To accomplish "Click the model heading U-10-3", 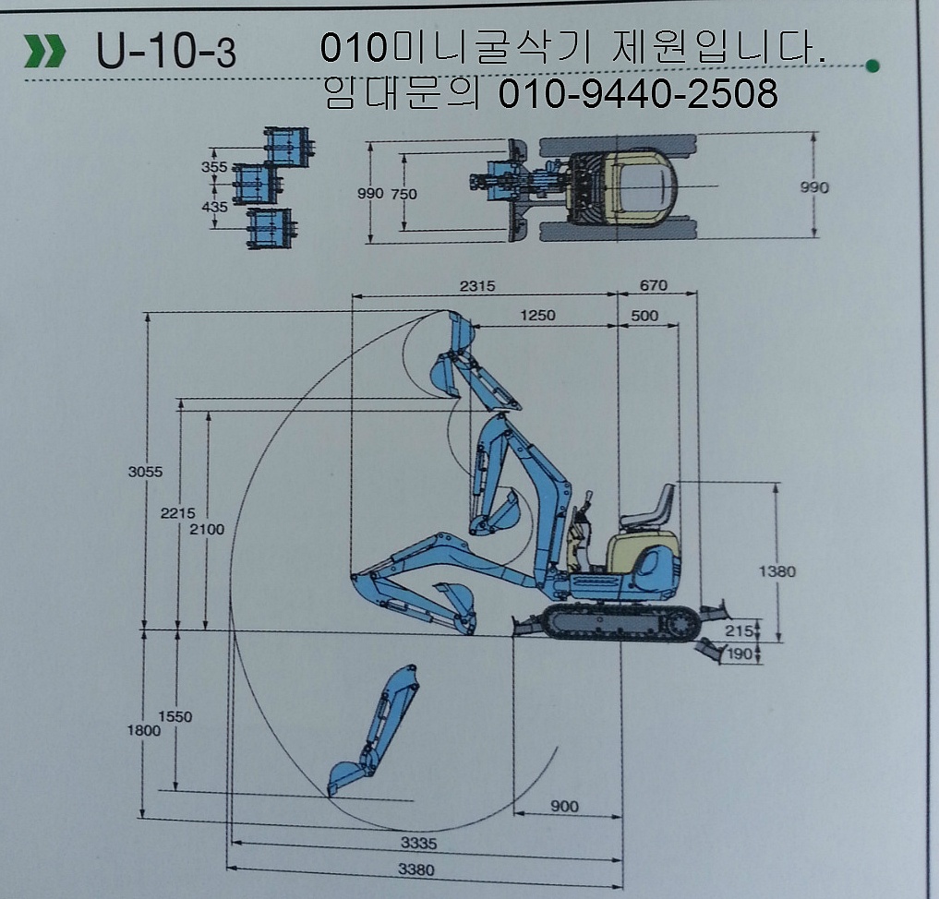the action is [x=166, y=52].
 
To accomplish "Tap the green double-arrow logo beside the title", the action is [x=45, y=51].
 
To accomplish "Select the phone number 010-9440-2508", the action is [x=638, y=93].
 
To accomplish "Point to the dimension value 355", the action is [x=214, y=167].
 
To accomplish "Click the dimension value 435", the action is [x=214, y=207].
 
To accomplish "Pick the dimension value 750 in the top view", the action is [x=403, y=194].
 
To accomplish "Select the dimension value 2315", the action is [x=477, y=286].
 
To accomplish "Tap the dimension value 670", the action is [x=653, y=285].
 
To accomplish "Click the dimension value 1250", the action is [x=537, y=316].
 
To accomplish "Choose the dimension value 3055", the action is [x=145, y=472].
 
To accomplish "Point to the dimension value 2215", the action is [x=178, y=513].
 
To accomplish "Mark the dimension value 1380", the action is [x=776, y=571].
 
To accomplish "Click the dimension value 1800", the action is [x=144, y=730].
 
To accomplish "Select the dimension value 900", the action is [x=564, y=806].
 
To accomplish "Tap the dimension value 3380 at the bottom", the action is [x=416, y=869].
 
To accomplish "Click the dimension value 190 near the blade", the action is [x=739, y=654].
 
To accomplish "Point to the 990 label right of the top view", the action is [x=814, y=187].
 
